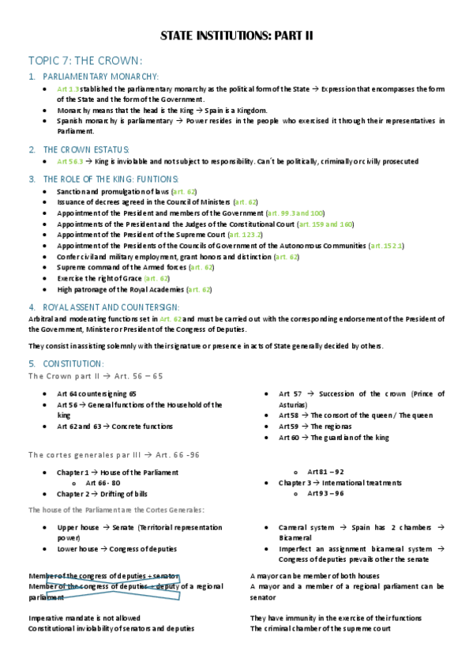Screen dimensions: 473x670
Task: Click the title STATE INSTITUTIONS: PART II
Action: point(236,36)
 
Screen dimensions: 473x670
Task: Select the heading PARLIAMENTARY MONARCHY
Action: point(100,77)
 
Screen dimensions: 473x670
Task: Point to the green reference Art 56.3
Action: point(69,161)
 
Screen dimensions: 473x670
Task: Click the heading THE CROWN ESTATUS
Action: point(86,149)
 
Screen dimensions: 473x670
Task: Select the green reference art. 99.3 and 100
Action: point(296,213)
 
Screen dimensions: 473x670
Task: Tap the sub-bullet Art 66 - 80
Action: point(103,482)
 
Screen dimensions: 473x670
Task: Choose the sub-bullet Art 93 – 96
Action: point(325,493)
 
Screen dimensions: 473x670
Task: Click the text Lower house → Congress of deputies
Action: point(117,548)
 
